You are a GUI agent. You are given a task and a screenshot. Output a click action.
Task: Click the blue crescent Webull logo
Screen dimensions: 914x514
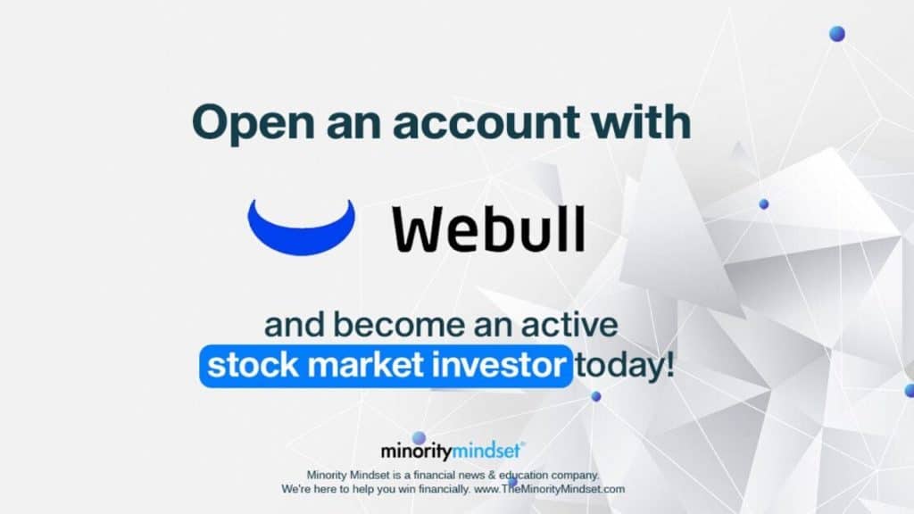click(302, 228)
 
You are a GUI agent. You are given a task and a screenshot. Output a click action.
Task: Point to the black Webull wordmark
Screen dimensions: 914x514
click(488, 228)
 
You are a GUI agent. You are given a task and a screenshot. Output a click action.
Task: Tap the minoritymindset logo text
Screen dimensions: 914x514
click(453, 451)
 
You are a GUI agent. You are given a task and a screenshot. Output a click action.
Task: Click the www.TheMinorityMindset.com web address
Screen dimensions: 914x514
click(549, 489)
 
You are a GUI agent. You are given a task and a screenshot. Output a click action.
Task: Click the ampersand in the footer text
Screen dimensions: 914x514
click(492, 475)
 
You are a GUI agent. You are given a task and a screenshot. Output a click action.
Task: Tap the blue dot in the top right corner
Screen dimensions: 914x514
click(837, 34)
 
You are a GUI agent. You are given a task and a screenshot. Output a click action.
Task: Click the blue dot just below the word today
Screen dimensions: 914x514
click(595, 396)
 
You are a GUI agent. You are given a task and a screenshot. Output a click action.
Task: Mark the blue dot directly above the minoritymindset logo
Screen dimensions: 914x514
click(419, 438)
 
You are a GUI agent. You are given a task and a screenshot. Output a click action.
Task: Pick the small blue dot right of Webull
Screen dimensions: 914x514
click(764, 204)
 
